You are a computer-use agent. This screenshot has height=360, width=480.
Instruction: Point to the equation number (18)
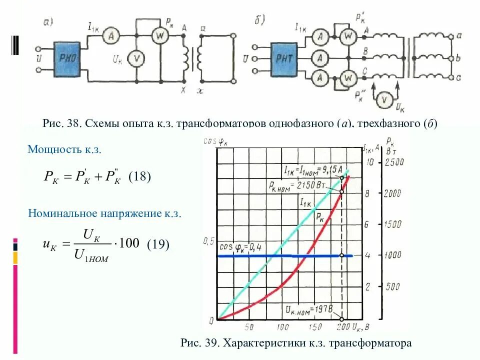(x=139, y=177)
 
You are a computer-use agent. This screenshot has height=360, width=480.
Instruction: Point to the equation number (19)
(x=158, y=244)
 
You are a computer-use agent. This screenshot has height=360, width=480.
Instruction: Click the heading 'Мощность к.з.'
(x=68, y=149)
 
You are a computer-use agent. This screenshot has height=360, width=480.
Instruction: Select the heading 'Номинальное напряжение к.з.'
(x=104, y=213)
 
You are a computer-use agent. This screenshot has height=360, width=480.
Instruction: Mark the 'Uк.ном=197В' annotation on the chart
(x=307, y=308)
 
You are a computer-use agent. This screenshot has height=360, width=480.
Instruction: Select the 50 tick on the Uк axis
(x=249, y=327)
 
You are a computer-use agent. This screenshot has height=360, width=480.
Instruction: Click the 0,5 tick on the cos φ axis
(x=208, y=241)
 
